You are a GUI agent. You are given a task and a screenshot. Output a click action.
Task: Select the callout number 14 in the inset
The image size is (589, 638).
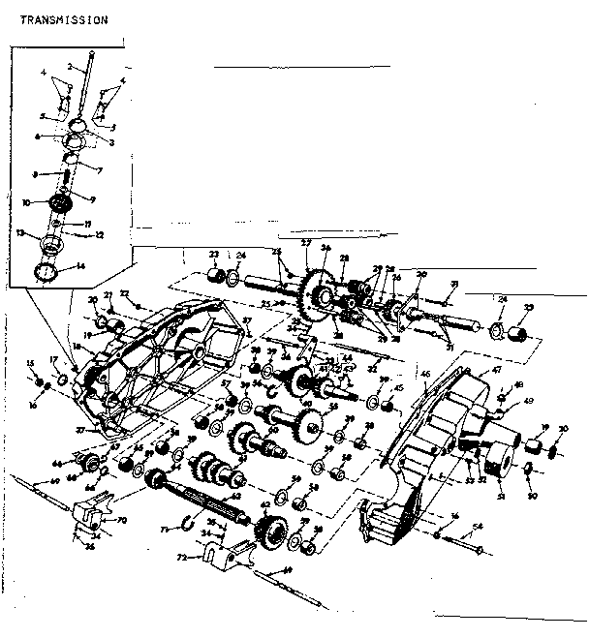point(81,266)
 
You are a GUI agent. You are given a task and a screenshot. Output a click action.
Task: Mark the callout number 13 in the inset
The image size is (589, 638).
point(19,232)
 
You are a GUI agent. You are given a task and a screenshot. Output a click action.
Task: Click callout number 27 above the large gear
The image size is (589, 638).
point(306,243)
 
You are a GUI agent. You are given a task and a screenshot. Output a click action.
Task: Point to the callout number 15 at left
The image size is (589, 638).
point(31,362)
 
